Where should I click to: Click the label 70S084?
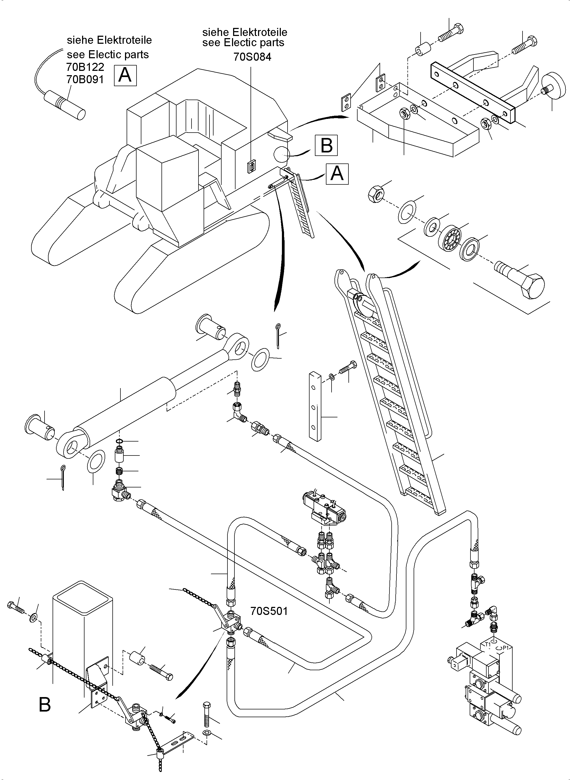point(252,57)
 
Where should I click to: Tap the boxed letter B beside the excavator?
point(326,145)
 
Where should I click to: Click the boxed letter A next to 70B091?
point(125,75)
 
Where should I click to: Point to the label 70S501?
point(269,611)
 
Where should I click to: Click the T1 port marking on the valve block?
point(488,644)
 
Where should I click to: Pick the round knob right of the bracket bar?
point(554,87)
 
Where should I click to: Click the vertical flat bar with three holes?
point(315,406)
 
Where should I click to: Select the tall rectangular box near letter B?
point(83,635)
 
